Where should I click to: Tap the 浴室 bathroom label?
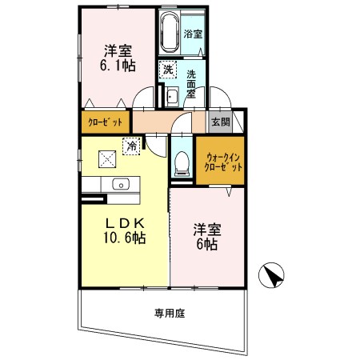tap(192, 34)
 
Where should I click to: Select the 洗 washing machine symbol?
tap(168, 70)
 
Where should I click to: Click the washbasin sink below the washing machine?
tap(172, 97)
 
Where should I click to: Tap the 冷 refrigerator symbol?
tap(130, 145)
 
